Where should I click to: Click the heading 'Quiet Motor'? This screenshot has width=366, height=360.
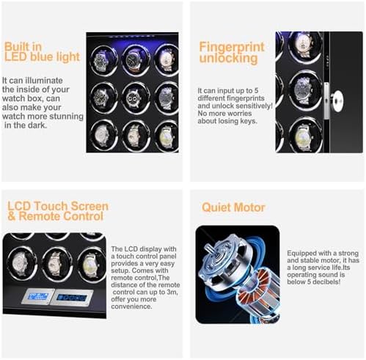pos(233,207)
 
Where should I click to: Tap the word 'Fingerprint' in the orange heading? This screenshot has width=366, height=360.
pos(232,47)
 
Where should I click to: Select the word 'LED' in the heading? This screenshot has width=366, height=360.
pos(15,56)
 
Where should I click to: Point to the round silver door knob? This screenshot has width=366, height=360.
pos(337,101)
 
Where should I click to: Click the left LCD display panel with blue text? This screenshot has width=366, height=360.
pos(37,296)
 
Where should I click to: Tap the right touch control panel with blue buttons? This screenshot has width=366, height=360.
pos(72,298)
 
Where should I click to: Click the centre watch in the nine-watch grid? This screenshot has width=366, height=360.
pos(134,98)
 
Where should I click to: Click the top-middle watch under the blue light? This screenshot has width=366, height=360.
pos(133,60)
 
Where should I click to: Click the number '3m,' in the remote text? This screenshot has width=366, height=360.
pos(170,292)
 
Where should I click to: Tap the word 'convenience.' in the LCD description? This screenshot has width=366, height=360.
pos(131,306)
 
